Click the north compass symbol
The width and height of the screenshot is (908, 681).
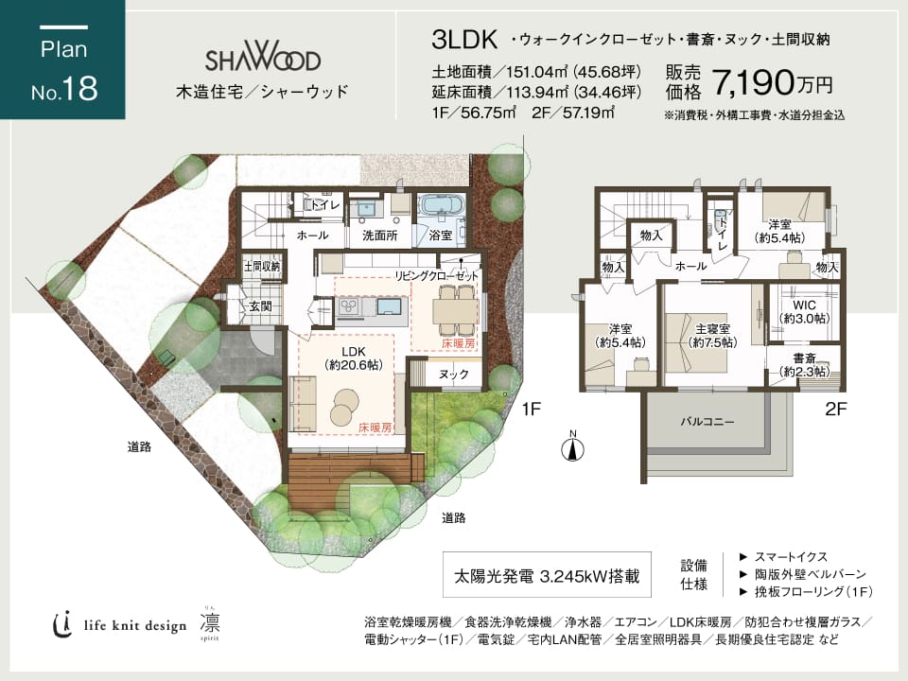pos(573,447)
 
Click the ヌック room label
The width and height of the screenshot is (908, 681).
pos(453,375)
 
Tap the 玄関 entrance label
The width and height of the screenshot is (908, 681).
pos(260,306)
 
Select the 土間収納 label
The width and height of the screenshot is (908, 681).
pos(262,267)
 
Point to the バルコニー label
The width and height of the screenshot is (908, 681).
pos(707,422)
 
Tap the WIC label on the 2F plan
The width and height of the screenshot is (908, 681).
pos(804,306)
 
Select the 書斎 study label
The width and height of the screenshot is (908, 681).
pos(804,358)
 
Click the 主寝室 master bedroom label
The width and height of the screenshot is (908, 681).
pos(712,328)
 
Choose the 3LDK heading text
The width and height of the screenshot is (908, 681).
pos(464,40)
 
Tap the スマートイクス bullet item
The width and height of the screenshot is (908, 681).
pos(783,557)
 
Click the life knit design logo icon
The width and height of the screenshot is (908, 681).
pos(62,624)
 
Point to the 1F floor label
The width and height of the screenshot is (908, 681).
pos(531,410)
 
